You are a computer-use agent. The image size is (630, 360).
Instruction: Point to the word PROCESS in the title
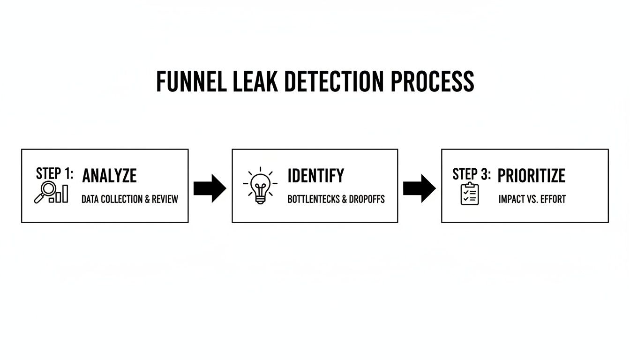(x=432, y=82)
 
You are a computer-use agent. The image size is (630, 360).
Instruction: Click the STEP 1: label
(x=54, y=174)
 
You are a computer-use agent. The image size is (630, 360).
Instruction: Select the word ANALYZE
(x=109, y=176)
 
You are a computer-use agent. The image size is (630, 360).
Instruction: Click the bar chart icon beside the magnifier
(x=61, y=194)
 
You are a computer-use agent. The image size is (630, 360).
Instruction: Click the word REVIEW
(x=165, y=199)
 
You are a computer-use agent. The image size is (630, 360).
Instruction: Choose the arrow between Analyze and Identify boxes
(x=210, y=188)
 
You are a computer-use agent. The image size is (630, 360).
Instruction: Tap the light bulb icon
(x=260, y=186)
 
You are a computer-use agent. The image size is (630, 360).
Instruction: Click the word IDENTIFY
(x=315, y=176)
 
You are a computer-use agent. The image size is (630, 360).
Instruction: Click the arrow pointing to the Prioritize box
(x=419, y=188)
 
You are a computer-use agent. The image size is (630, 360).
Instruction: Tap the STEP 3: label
(x=472, y=174)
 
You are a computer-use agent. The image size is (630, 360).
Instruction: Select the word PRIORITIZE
(x=531, y=176)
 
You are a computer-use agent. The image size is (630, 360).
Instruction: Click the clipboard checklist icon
(x=470, y=194)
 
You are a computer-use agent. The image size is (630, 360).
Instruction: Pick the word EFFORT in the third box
(x=553, y=199)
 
